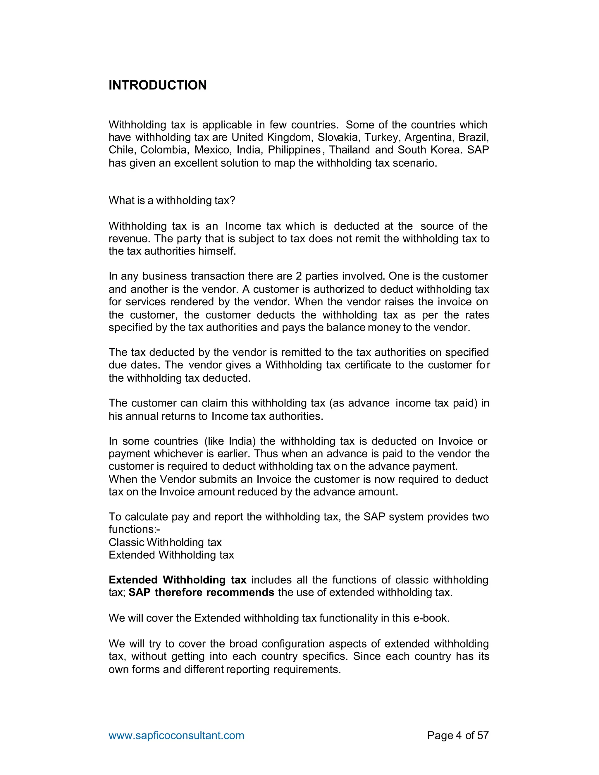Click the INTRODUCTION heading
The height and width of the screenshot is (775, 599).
tap(158, 85)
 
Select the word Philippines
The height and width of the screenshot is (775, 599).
tap(294, 150)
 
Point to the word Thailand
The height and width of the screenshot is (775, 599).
tap(350, 150)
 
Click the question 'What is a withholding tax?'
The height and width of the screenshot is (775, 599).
tap(172, 201)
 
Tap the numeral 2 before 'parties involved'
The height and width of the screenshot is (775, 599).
tap(299, 276)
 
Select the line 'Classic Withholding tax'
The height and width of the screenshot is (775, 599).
tap(165, 542)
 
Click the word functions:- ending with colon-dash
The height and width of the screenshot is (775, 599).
tap(134, 529)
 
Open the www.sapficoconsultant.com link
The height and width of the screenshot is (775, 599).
tap(176, 735)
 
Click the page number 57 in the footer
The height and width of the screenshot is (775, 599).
tap(483, 735)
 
